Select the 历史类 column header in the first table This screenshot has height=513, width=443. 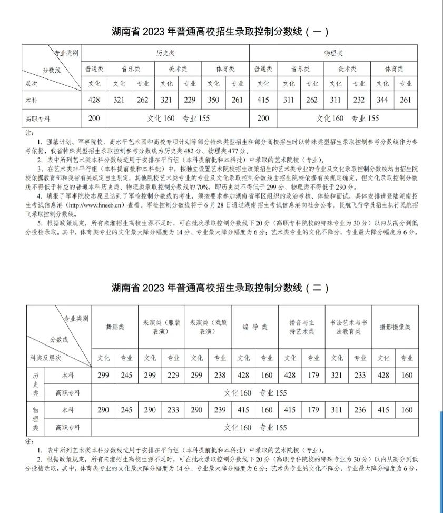[x=165, y=53]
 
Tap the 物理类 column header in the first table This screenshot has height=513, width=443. [x=333, y=53]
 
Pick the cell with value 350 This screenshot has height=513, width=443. [x=213, y=100]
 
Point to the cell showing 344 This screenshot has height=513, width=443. [x=382, y=100]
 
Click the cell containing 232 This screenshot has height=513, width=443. [x=359, y=100]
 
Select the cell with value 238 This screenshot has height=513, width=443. [x=220, y=375]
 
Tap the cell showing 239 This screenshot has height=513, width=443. [x=220, y=410]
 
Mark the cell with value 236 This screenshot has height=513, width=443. [x=360, y=410]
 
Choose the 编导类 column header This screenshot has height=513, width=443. [x=255, y=327]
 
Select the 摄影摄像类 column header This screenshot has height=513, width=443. [x=395, y=327]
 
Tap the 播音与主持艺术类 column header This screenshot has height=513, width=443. [x=302, y=327]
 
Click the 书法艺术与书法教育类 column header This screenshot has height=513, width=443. [x=348, y=327]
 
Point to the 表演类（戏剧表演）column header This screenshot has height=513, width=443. [x=208, y=327]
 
